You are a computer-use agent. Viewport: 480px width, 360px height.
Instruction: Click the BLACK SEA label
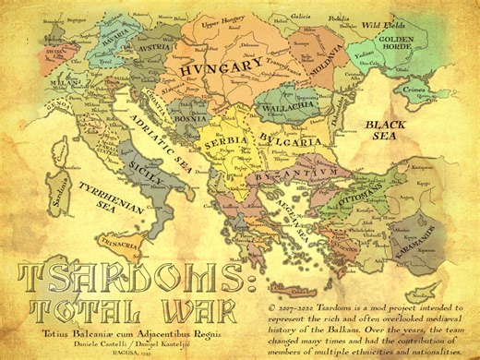(384, 129)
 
